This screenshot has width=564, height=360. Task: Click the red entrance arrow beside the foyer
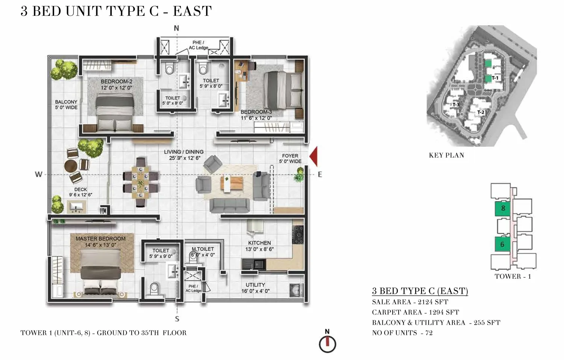[x=314, y=156]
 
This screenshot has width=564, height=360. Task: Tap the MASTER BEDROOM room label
[x=100, y=238]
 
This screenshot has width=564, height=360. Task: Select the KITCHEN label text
[x=259, y=243]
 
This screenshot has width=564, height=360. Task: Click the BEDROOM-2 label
[x=116, y=81]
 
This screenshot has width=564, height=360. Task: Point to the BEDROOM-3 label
[x=256, y=112]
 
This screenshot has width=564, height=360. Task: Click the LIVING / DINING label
[x=184, y=152]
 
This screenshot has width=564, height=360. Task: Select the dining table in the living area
[x=141, y=182]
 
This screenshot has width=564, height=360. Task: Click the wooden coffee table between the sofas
[x=232, y=183]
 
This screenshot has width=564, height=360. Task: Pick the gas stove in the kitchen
[x=298, y=234]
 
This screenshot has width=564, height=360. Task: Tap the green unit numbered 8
[x=503, y=209]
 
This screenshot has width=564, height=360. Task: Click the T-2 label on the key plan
[x=481, y=112]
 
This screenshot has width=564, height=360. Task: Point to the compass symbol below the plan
[x=327, y=344]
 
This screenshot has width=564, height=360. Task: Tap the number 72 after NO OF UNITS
[x=429, y=333]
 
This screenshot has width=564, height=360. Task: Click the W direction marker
[x=38, y=174]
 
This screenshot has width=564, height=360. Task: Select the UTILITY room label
[x=255, y=285]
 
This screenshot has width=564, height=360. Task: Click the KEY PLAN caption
[x=446, y=155]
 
